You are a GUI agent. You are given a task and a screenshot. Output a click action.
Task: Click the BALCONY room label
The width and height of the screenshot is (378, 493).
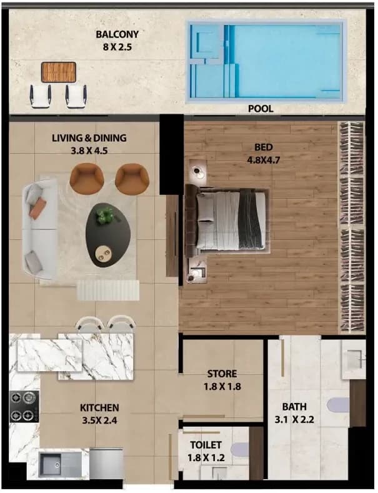[x=117, y=34]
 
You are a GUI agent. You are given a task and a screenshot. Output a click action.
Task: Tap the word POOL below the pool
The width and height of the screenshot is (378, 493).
[x=261, y=109]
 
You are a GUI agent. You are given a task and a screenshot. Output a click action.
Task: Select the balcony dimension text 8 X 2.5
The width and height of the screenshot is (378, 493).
[x=117, y=47]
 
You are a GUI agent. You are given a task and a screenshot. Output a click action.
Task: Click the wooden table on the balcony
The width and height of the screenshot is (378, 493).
[x=59, y=72]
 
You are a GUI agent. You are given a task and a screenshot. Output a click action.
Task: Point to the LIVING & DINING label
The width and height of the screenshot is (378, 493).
[x=89, y=137]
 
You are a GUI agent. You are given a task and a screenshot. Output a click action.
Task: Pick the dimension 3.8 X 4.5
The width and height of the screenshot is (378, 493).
[x=89, y=151]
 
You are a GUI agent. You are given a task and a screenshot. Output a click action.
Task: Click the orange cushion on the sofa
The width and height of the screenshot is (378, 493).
[x=37, y=208]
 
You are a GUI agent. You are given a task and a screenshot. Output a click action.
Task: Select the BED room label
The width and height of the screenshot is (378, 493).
[x=263, y=147]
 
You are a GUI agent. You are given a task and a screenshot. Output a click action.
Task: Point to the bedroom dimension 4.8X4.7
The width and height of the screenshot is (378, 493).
[x=263, y=161]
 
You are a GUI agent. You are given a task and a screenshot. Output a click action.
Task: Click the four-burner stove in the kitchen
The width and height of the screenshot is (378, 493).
[x=24, y=406]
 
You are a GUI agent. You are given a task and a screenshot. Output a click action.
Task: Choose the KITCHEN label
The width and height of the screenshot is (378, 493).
[x=99, y=408]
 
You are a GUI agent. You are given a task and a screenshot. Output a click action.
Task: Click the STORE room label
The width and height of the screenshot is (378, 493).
[x=222, y=374]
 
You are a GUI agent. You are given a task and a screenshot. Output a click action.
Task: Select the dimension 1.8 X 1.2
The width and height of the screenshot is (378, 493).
[x=206, y=458]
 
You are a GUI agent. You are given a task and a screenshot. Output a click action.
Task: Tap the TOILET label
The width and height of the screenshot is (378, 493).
[x=206, y=445]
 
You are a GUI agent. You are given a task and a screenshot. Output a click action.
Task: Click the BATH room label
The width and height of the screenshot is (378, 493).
[x=294, y=407]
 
